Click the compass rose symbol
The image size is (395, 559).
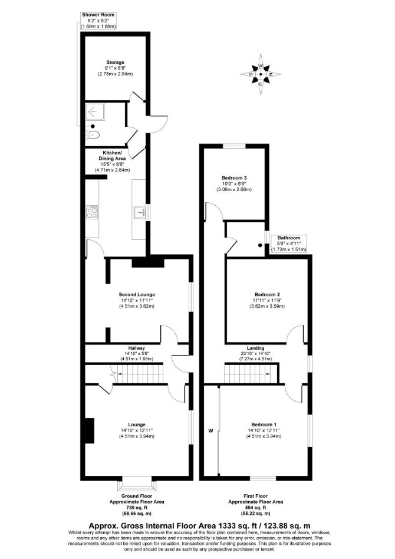(261, 74)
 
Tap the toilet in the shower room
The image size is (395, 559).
(93, 135)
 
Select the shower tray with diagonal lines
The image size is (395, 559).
(94, 112)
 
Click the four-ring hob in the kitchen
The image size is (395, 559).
(92, 212)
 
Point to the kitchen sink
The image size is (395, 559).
(139, 212)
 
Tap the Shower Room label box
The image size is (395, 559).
(98, 21)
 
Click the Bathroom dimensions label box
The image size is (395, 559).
(289, 244)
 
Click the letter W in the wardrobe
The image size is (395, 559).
(210, 430)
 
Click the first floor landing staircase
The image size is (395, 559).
(251, 373)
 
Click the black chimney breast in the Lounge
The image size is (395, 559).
(89, 430)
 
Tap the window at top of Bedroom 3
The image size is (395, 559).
(234, 146)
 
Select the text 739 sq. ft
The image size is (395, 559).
(137, 508)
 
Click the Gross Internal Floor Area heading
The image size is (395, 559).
(199, 525)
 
